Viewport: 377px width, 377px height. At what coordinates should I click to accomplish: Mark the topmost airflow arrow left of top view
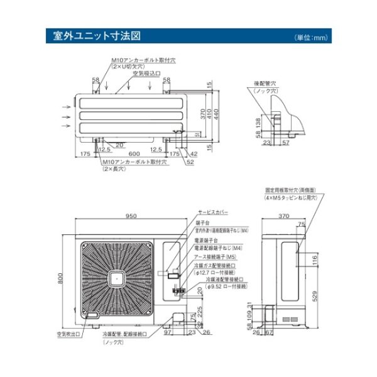point(65,107)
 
